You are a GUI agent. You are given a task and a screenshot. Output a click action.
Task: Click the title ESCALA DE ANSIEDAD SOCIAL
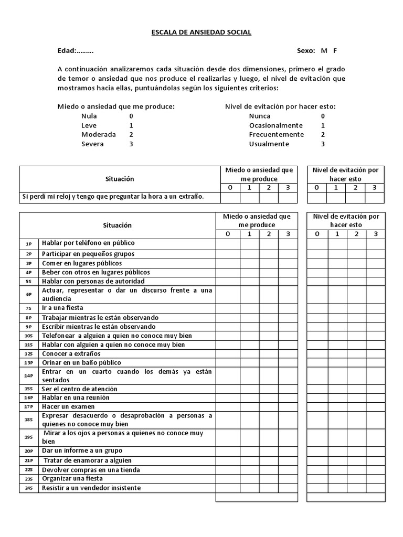click(201, 33)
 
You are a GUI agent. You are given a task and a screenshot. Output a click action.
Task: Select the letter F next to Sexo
click(335, 51)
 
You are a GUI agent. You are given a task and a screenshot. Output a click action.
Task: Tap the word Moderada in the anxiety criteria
click(98, 134)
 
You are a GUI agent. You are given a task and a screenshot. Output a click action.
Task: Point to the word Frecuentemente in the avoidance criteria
click(276, 134)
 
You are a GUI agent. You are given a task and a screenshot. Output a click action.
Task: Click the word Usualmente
click(269, 144)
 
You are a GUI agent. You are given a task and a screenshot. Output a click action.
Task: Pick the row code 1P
click(29, 244)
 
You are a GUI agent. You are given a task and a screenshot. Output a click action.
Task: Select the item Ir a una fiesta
click(62, 308)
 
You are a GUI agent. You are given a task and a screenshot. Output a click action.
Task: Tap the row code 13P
click(29, 363)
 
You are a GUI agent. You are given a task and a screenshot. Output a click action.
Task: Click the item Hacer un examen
click(68, 406)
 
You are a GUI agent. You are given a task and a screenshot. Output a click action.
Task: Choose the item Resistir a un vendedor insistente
click(91, 488)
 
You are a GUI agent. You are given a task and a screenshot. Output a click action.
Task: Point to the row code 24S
click(29, 488)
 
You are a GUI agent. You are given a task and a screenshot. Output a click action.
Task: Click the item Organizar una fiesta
click(72, 478)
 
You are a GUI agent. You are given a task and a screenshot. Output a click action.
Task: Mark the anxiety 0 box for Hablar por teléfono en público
click(228, 243)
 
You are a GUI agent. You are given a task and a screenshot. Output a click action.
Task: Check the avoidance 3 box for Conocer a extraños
click(375, 353)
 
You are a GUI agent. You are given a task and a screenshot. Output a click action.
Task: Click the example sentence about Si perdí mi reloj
click(112, 197)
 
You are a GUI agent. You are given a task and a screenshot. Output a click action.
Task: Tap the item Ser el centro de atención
click(79, 389)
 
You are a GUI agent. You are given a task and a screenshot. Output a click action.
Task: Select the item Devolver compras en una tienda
click(91, 469)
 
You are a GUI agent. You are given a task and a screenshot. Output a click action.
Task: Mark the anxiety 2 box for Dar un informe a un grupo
click(268, 450)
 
